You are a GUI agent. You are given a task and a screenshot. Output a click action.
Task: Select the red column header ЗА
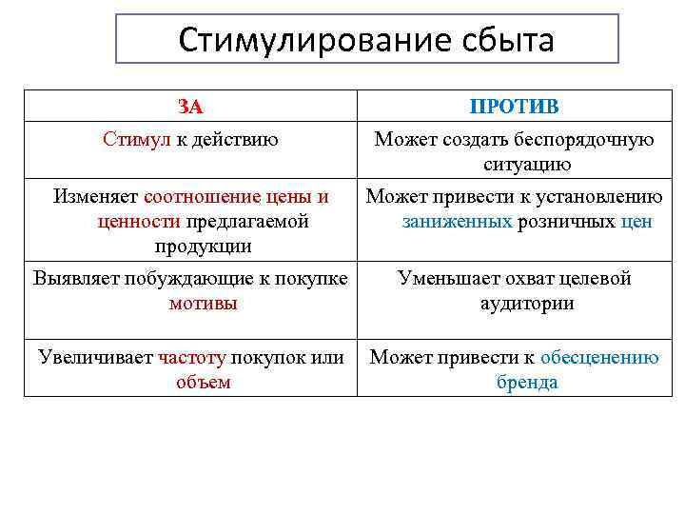point(190,107)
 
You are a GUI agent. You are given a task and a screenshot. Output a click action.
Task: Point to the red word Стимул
point(137,140)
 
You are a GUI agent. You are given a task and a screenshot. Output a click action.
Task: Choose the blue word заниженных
point(457,222)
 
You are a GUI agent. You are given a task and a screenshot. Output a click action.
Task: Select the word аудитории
point(526,304)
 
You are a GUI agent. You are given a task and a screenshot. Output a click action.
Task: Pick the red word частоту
point(192,358)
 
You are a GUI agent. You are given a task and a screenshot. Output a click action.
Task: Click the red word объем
point(203,383)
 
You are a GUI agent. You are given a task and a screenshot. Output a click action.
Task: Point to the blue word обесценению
point(598,358)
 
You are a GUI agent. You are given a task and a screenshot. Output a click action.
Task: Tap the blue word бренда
point(526,383)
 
